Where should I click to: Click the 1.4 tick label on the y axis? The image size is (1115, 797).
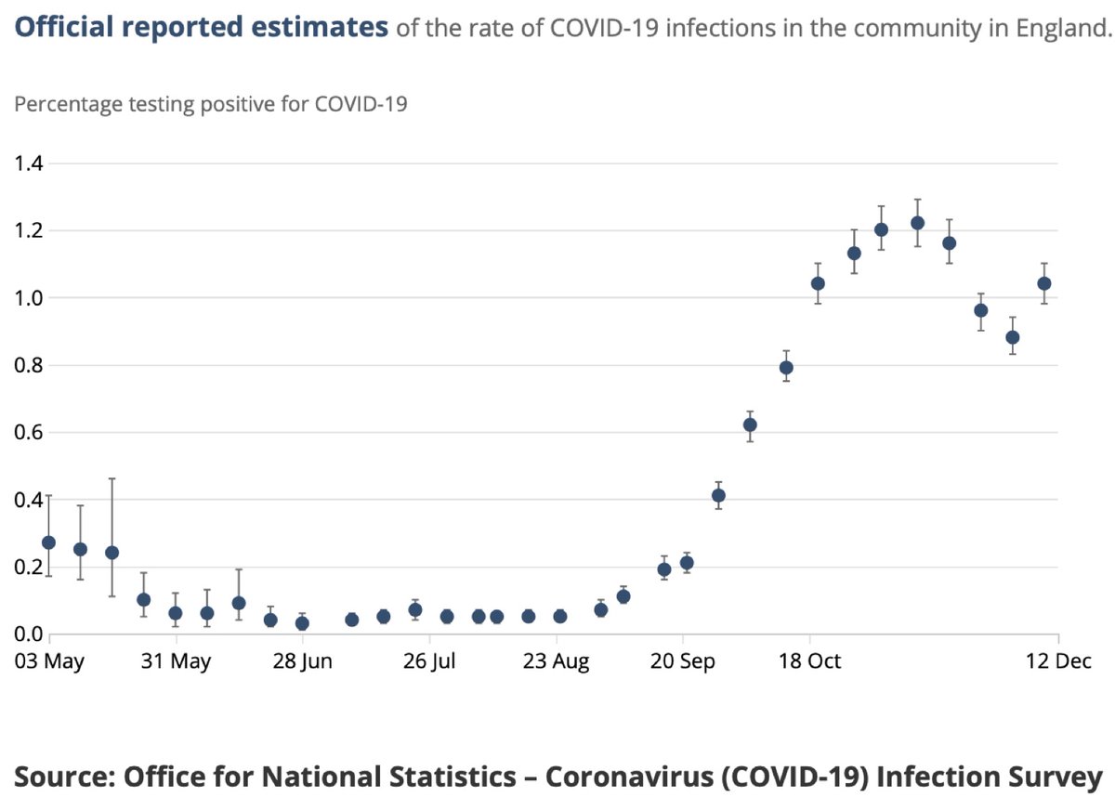[x=29, y=163]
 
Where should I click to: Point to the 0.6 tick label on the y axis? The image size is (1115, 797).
[x=29, y=433]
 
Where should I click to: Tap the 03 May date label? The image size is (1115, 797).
[x=49, y=661]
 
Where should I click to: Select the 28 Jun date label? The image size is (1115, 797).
[x=302, y=661]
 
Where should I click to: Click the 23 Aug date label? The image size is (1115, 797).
[x=556, y=661]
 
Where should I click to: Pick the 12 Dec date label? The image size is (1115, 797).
[x=1057, y=661]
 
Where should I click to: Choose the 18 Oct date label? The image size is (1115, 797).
[x=809, y=661]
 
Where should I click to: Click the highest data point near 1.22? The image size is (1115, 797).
[x=918, y=223]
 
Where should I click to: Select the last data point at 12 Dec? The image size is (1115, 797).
[x=1043, y=283]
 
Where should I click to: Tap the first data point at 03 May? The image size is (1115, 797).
[x=49, y=542]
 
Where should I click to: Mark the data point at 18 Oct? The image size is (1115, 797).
[x=818, y=283]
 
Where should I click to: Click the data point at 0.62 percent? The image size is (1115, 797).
[x=750, y=425]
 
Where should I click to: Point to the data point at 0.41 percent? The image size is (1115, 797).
[x=718, y=495]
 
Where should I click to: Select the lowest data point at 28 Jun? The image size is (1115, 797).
[x=302, y=622]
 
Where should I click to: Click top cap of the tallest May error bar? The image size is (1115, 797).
[x=112, y=479]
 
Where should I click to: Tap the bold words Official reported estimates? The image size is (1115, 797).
[x=202, y=27]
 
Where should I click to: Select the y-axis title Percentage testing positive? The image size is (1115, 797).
[x=211, y=104]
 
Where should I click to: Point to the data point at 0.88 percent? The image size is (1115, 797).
[x=1013, y=337]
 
